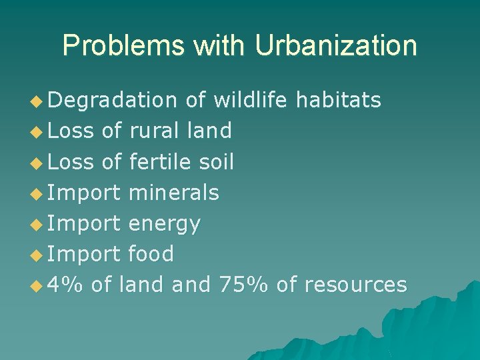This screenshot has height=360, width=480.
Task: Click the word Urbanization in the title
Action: click(x=335, y=46)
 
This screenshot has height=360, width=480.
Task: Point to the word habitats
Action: click(x=338, y=100)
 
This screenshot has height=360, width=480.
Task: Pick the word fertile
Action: click(x=160, y=161)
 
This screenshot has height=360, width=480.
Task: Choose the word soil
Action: click(x=216, y=161)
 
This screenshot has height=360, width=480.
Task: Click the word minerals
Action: click(x=173, y=193)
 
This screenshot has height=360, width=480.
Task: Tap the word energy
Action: click(x=164, y=224)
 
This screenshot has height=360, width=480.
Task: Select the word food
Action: click(x=151, y=254)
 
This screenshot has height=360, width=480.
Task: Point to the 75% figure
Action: click(x=243, y=285)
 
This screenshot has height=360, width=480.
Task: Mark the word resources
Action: click(x=355, y=285)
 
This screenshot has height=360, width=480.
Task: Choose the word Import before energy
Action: click(x=84, y=224)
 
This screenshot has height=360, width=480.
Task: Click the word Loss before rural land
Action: click(x=71, y=131)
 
